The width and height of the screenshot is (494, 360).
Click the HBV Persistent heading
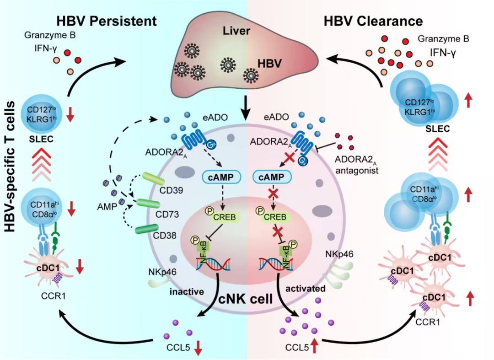(x=107, y=21)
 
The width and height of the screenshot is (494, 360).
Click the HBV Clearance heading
(x=373, y=21)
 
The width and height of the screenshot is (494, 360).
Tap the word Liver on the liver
(x=236, y=31)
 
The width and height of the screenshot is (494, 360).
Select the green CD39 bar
(x=153, y=178)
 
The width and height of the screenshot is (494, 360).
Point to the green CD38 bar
(x=146, y=229)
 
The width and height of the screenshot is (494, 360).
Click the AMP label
(x=107, y=207)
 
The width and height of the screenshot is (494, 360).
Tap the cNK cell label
(x=246, y=298)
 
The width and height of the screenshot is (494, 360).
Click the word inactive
(x=187, y=292)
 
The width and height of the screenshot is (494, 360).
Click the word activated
(x=305, y=288)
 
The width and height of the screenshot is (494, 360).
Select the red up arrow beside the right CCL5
(x=314, y=345)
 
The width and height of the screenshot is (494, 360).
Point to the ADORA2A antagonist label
(x=357, y=164)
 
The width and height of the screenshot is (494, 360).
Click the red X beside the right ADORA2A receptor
(x=290, y=157)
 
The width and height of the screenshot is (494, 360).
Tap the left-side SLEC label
(x=41, y=139)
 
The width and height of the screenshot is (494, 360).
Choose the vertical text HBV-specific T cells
(x=10, y=167)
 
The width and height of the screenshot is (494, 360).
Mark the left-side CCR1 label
(x=53, y=296)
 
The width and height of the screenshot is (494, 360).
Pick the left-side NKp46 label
(x=162, y=272)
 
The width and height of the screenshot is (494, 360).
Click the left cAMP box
(x=221, y=177)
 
